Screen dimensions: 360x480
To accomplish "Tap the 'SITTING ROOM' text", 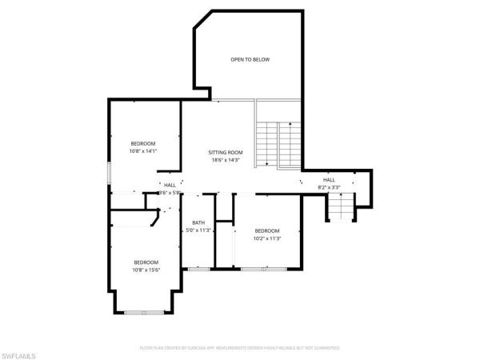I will pyautogui.click(x=226, y=152).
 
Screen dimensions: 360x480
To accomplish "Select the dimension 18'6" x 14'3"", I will pyautogui.click(x=226, y=160).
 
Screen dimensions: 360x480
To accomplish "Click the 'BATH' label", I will pyautogui.click(x=198, y=222).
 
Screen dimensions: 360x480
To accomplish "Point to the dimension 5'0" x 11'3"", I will pyautogui.click(x=198, y=230).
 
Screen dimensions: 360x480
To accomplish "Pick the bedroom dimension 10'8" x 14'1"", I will pyautogui.click(x=144, y=151).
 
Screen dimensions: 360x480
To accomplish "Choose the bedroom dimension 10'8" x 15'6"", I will pyautogui.click(x=146, y=270).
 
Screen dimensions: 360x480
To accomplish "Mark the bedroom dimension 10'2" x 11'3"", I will pyautogui.click(x=266, y=238).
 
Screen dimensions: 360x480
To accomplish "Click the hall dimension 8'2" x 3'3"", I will pyautogui.click(x=329, y=187).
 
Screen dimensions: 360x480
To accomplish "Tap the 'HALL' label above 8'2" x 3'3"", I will pyautogui.click(x=329, y=180).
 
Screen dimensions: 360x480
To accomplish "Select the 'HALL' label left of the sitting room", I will pyautogui.click(x=170, y=186).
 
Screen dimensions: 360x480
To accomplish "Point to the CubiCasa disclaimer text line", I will pyautogui.click(x=240, y=348).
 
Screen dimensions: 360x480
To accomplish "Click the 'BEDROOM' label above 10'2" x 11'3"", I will pyautogui.click(x=266, y=230).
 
